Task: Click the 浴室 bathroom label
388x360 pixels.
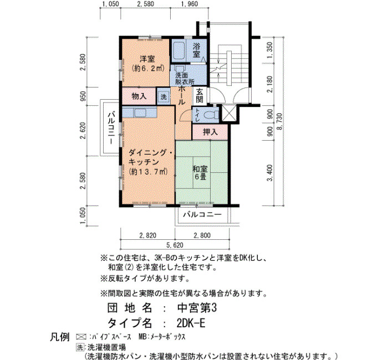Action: (196, 50)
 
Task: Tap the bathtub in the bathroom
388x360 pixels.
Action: (178, 51)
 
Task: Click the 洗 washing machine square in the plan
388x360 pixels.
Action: (164, 96)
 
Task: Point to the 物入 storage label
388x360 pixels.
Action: (139, 96)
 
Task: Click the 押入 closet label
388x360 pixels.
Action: (210, 132)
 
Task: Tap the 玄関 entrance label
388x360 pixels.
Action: (200, 96)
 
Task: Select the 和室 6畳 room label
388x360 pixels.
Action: (200, 173)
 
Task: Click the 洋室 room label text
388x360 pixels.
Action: (147, 59)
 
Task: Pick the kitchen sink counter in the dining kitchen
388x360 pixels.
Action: (140, 113)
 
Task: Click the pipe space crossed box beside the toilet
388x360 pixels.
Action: (229, 114)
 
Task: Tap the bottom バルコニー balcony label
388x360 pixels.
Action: (202, 214)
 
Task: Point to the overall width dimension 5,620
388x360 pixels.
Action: (175, 245)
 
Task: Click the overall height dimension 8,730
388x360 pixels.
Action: (279, 122)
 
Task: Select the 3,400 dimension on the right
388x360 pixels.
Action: (270, 173)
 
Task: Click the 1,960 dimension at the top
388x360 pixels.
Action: (190, 4)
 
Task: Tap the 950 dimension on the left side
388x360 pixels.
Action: (83, 96)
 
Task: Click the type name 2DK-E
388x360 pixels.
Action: (191, 323)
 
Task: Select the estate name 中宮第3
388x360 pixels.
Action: (197, 308)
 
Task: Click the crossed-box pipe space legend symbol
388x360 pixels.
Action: (81, 337)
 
